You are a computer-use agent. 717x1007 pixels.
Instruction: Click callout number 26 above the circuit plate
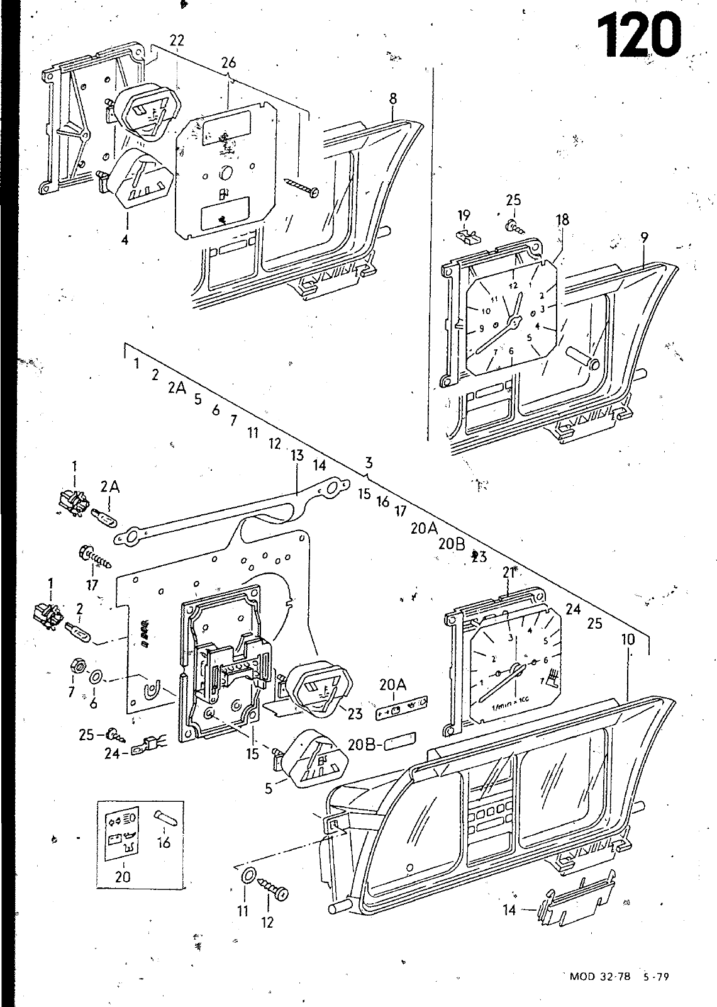[228, 64]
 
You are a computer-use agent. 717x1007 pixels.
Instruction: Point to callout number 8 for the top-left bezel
[393, 98]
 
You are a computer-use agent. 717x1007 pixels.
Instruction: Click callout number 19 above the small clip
[464, 217]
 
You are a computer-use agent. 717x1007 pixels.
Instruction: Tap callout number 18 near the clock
[562, 220]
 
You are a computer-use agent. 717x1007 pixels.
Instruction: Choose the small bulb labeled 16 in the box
[166, 818]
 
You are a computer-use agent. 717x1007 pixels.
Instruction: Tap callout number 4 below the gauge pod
[125, 240]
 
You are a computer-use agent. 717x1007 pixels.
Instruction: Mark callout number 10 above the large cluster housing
[628, 640]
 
